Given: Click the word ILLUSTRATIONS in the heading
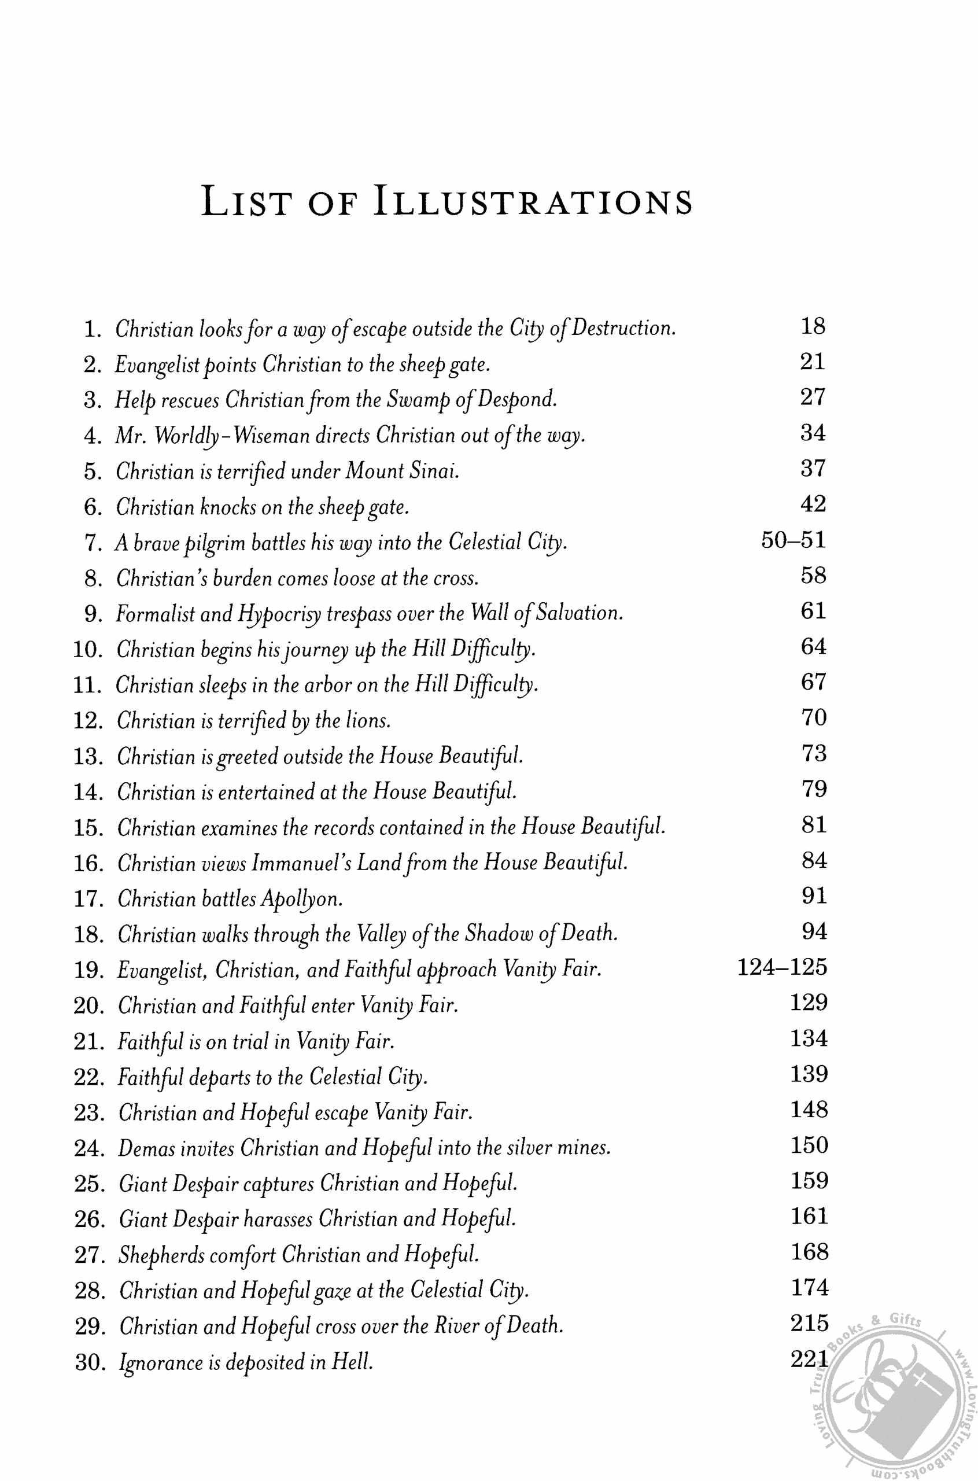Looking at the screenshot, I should tap(533, 202).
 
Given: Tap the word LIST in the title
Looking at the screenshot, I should tap(246, 202).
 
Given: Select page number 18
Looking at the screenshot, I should tap(813, 326).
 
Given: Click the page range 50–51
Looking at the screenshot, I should tap(794, 540).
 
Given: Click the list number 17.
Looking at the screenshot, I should tap(88, 898).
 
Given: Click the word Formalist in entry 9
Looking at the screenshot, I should tap(156, 614).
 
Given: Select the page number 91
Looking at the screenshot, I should tap(814, 896).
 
